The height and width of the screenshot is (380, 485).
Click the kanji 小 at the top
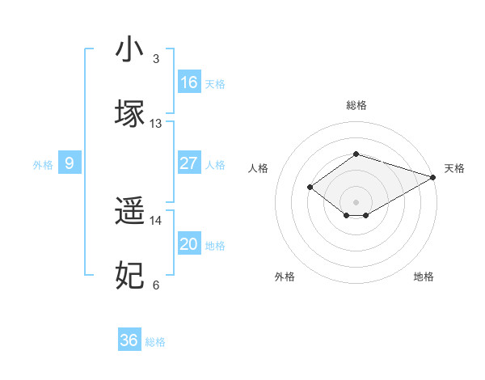tap(130, 49)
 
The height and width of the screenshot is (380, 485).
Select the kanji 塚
tap(130, 112)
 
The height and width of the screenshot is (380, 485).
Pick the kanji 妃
tap(130, 275)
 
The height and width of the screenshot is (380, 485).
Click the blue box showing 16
tap(188, 82)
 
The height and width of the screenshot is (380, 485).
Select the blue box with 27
tap(188, 163)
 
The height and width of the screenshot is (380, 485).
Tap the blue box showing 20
tap(188, 244)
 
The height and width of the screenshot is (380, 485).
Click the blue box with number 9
tap(70, 163)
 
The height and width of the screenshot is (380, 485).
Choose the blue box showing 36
tap(129, 340)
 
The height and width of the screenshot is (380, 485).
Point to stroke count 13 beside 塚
tap(156, 124)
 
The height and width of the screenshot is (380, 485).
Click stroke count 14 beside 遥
tap(156, 220)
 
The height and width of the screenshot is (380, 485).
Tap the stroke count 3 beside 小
tap(156, 59)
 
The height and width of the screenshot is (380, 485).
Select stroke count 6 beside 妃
tap(156, 285)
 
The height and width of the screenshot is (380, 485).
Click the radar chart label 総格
tap(356, 105)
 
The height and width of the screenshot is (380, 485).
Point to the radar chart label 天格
tap(454, 168)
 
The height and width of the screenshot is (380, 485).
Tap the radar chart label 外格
tap(285, 277)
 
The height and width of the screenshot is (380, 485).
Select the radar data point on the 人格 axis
tap(310, 187)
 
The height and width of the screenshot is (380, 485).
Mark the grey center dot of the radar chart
tap(356, 201)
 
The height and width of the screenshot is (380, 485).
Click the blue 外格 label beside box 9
tap(43, 164)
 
